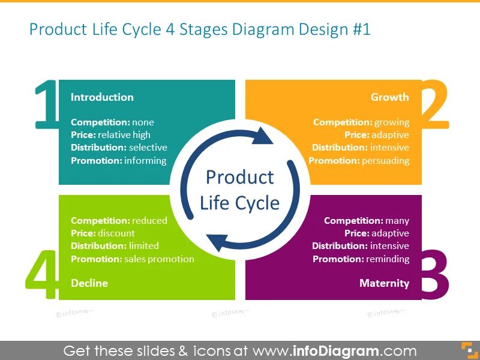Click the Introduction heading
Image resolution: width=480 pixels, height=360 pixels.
coord(102,97)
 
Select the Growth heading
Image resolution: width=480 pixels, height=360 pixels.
coord(389,97)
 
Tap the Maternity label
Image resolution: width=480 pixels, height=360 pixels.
coord(384,283)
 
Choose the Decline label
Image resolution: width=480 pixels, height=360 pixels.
coord(89,283)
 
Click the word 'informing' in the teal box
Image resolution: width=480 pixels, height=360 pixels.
coord(145,160)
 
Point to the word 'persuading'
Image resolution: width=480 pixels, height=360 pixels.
coord(386,160)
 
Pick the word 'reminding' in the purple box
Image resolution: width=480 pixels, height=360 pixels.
coord(386,259)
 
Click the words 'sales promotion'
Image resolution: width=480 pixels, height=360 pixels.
coord(160,259)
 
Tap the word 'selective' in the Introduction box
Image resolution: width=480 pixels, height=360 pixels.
coord(148,148)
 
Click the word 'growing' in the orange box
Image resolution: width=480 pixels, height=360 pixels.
coord(391,122)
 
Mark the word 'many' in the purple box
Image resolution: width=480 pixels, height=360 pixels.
coord(397,221)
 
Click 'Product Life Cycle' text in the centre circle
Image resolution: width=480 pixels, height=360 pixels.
coord(239,190)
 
